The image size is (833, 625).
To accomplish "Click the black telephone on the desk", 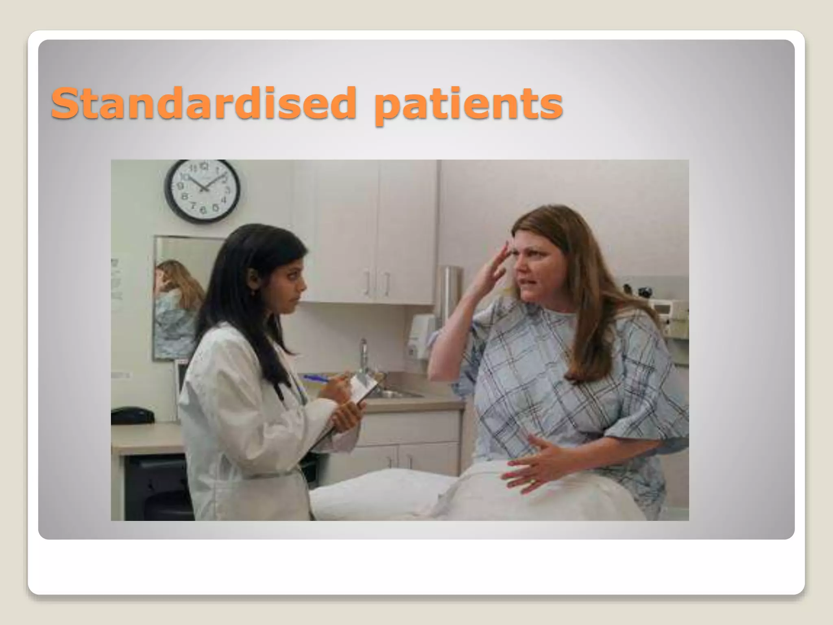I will (x=133, y=415).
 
